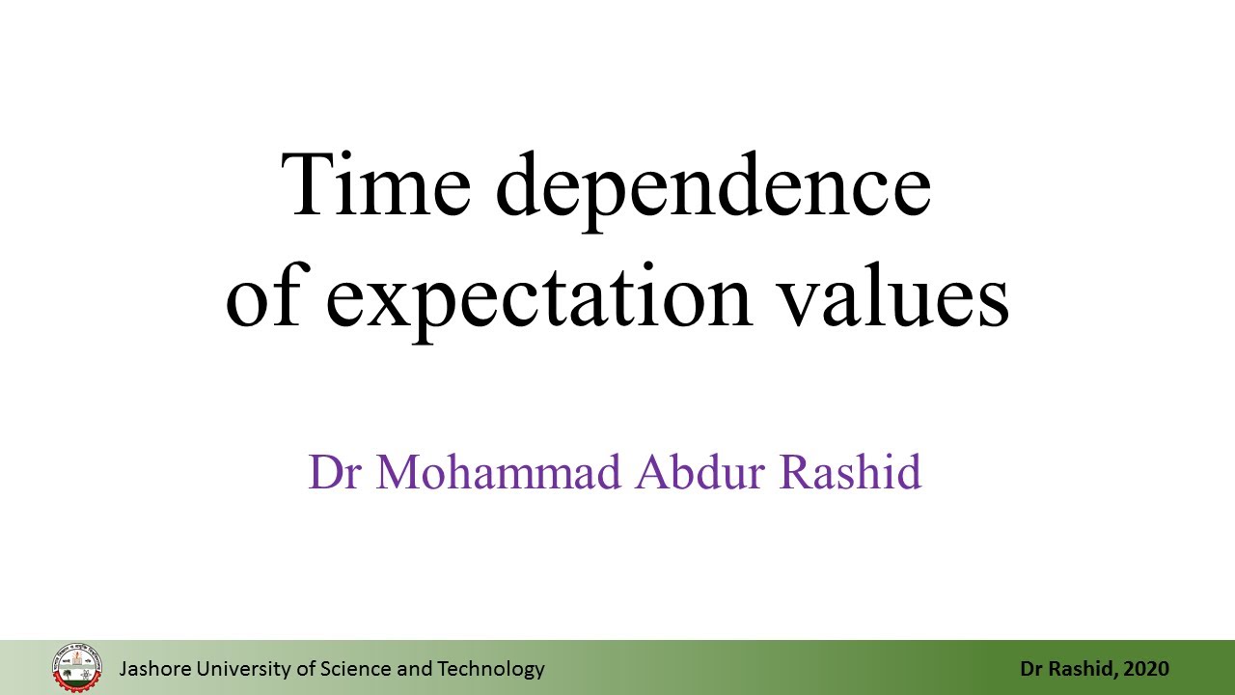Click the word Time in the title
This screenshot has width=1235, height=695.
[375, 184]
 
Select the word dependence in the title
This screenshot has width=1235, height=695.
[713, 192]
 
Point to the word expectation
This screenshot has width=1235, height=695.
[539, 302]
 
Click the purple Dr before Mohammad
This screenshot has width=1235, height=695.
[335, 472]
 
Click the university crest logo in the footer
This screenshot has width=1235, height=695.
[77, 668]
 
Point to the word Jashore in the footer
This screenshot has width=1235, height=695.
[155, 669]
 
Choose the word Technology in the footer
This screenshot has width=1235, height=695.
[491, 670]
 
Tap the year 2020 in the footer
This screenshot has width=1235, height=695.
[1145, 669]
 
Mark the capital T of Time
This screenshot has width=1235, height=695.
[306, 184]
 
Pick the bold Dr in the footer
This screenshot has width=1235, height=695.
[1031, 669]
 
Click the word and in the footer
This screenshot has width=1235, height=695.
[415, 669]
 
